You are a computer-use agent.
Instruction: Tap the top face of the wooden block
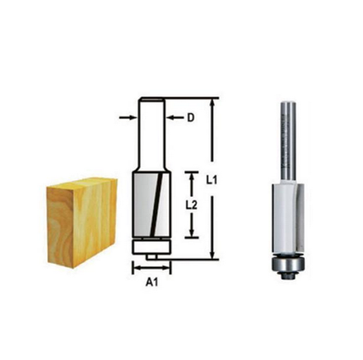click(x=80, y=181)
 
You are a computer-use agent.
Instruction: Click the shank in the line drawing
click(x=152, y=135)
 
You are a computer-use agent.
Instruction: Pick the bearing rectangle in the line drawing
click(x=152, y=245)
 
